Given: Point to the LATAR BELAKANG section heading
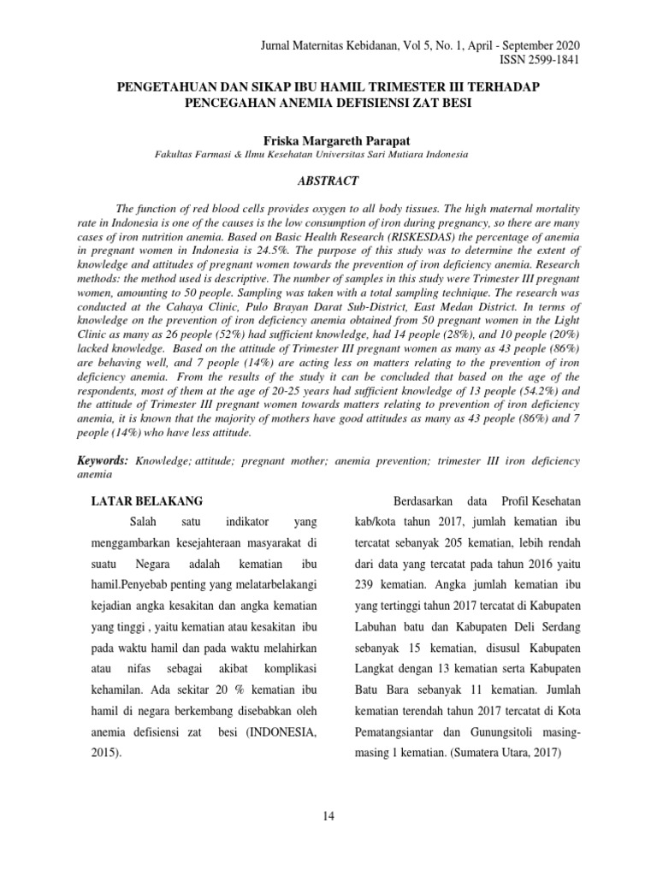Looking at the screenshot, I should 147,500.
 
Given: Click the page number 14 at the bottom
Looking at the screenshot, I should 328,815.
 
